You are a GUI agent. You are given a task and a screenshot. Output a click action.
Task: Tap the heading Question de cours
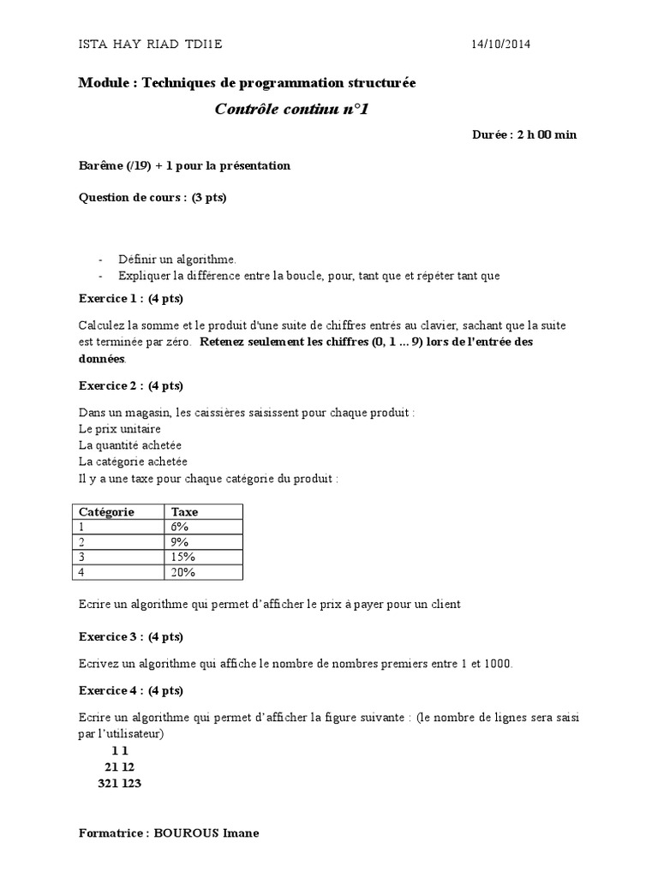click(153, 197)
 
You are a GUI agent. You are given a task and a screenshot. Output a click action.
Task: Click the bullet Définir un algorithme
click(176, 259)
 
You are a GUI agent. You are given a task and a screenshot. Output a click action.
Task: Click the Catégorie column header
click(107, 511)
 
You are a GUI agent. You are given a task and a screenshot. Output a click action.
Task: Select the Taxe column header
click(185, 511)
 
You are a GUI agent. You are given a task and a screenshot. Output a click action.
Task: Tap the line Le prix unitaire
click(119, 428)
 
